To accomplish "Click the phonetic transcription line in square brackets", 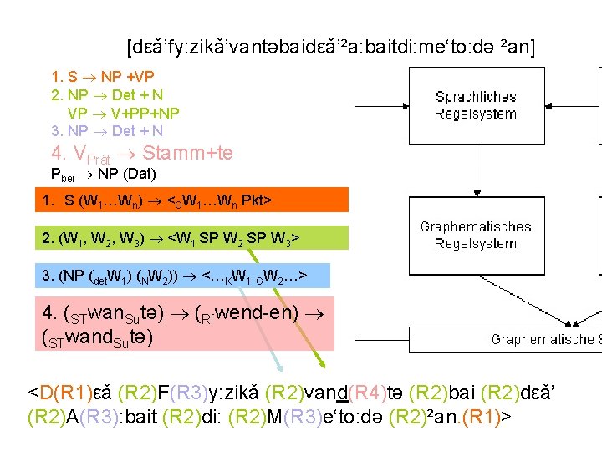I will tap(331, 47).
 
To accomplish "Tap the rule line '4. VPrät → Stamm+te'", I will tap(142, 153).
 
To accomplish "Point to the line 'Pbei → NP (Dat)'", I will tap(104, 175).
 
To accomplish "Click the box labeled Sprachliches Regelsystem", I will tap(476, 105).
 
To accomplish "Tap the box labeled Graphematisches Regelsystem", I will tap(476, 235).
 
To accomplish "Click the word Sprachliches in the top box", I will tap(476, 97).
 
